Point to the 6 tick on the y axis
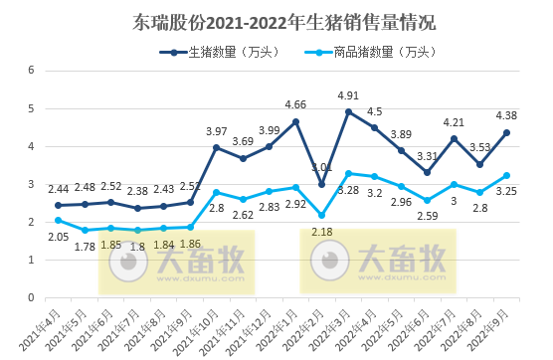coord(31,70)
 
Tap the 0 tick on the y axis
coord(31,297)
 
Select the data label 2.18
coord(322,232)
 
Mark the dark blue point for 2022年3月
coord(348,111)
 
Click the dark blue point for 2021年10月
coord(216,147)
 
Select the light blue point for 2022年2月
coord(321,215)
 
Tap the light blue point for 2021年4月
coord(58,220)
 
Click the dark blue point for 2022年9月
coord(507,132)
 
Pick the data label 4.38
coord(506,116)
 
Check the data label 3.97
coord(216,131)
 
